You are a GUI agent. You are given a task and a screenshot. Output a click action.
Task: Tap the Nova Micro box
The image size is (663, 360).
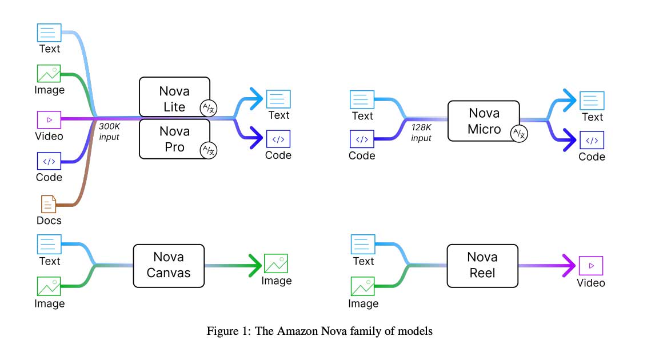point(484,121)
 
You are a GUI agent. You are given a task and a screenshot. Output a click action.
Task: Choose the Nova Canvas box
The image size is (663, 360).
point(169,265)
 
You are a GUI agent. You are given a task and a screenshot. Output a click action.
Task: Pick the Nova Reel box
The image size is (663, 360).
point(482,265)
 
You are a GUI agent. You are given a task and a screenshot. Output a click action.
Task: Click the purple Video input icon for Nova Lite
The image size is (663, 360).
point(49,119)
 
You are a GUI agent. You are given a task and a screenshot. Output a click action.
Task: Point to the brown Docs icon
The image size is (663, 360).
point(49,205)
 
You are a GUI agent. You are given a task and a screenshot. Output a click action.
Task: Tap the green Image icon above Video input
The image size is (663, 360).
point(49,74)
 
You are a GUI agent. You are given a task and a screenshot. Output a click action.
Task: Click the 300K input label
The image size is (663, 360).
point(109,131)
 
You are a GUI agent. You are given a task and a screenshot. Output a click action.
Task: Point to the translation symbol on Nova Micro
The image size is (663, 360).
point(519,133)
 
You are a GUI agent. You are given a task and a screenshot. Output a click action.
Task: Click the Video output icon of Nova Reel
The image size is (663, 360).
point(591,265)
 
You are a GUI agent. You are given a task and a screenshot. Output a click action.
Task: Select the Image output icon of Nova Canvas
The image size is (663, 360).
point(276,263)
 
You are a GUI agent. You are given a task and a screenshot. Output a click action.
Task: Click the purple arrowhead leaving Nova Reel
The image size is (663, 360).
point(568,265)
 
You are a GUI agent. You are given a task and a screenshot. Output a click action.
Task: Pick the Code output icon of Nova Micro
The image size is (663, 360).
point(592,140)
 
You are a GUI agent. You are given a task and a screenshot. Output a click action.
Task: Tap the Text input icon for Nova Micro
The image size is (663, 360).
point(362,99)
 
